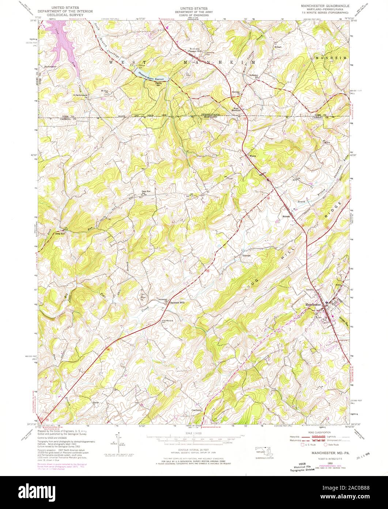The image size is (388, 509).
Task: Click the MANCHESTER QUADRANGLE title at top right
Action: click(325, 6)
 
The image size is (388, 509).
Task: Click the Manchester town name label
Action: click(313, 304)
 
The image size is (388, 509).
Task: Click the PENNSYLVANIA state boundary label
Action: click(208, 115)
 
